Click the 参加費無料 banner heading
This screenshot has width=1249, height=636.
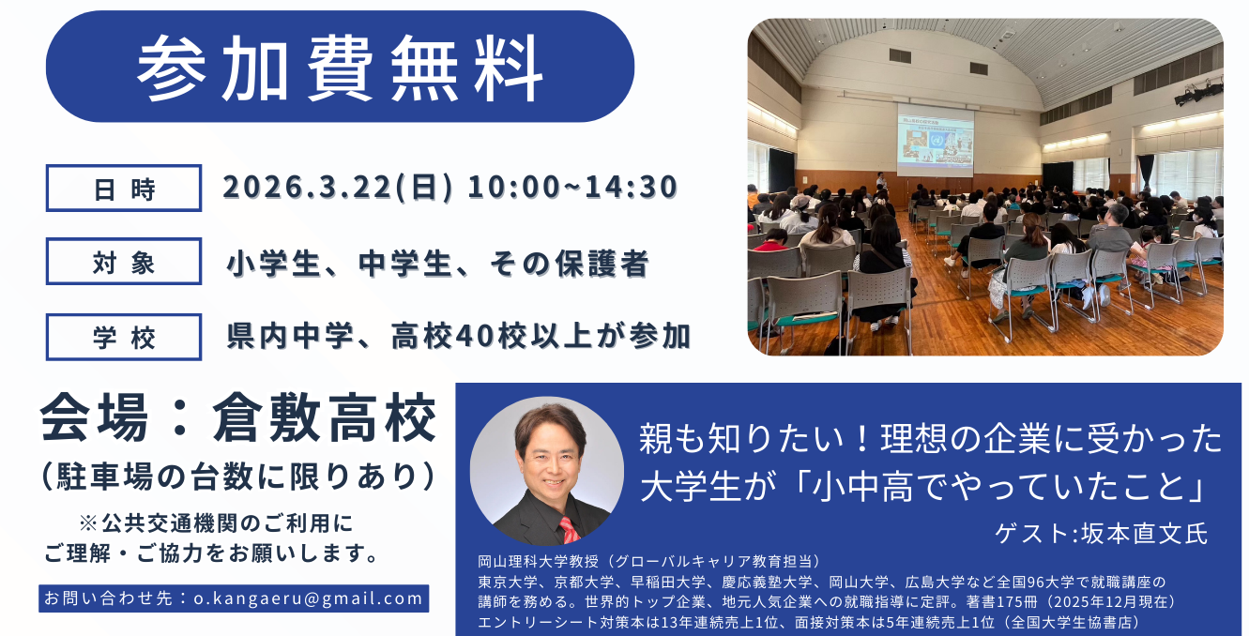point(340,68)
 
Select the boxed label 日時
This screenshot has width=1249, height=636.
point(124,188)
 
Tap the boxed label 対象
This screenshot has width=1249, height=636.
point(124,262)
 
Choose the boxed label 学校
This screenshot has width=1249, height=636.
point(124,337)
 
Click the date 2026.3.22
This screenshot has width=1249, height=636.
point(308,187)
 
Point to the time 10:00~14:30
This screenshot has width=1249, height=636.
point(572,187)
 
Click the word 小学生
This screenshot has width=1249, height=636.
point(274,263)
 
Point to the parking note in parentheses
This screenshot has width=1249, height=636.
point(238,477)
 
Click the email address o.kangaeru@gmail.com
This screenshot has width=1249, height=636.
point(309,598)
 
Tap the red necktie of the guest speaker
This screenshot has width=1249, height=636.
point(570,530)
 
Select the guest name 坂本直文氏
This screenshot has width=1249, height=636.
point(1144,534)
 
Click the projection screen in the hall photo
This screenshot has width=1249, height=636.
point(935,140)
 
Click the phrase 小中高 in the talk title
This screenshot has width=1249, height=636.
point(862,487)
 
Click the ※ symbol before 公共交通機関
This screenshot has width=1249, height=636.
point(88,523)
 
